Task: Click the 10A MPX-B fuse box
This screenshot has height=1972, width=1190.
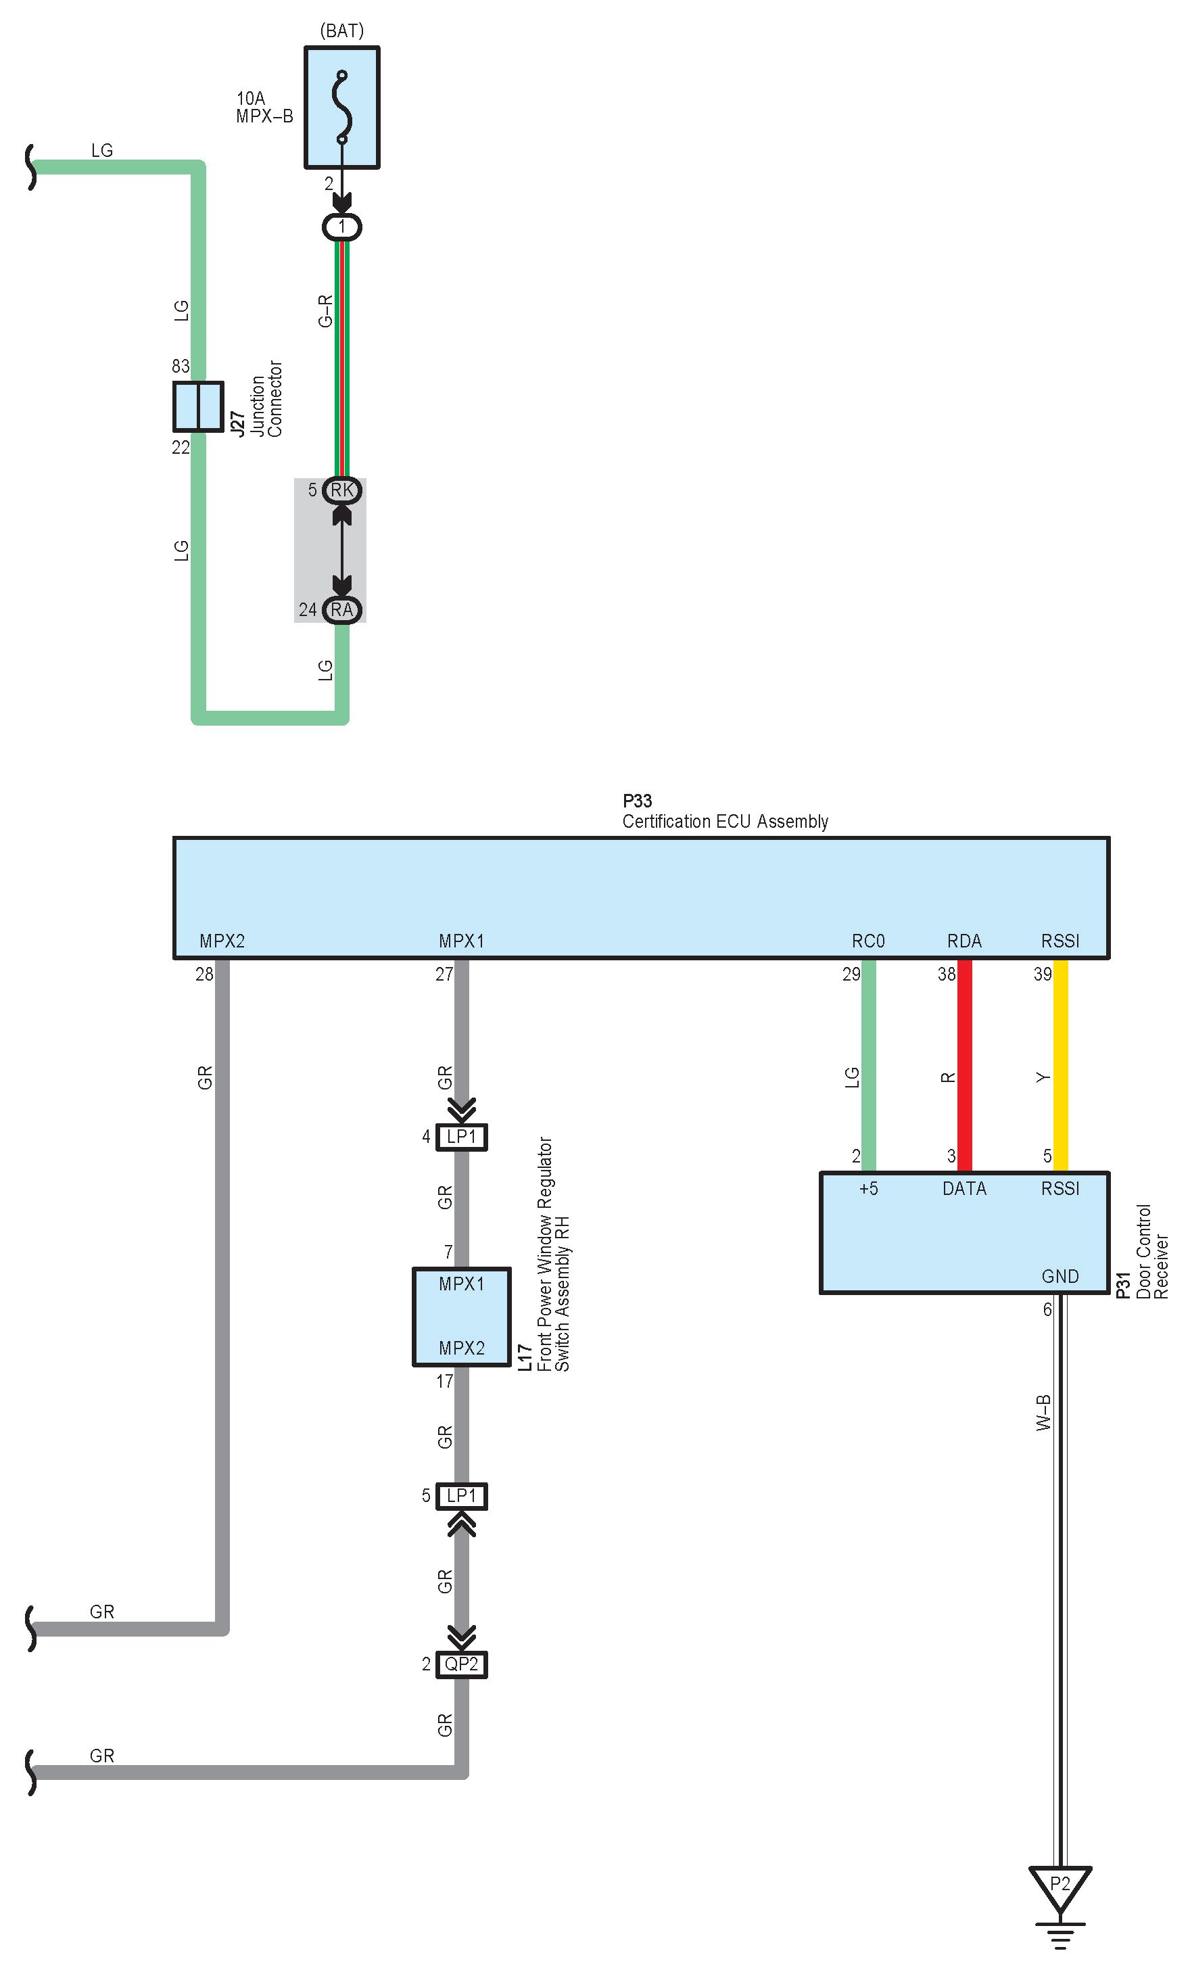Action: [x=341, y=108]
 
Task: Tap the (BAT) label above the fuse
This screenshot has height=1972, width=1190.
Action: [x=341, y=30]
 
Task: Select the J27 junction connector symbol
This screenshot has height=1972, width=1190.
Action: [x=197, y=406]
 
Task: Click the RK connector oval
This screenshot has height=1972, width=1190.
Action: [x=341, y=490]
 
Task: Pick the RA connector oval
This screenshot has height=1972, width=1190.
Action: [x=341, y=610]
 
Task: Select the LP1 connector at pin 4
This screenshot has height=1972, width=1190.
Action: [x=462, y=1136]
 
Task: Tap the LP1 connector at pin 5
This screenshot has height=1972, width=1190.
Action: [x=462, y=1496]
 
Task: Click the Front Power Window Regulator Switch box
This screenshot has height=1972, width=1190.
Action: [x=462, y=1316]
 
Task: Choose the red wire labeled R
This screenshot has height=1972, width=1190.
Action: [x=964, y=1064]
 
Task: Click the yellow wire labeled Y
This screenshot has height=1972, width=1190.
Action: [x=1060, y=1064]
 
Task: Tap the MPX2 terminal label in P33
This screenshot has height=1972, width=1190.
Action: [x=222, y=941]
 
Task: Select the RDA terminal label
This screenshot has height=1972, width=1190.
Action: [x=964, y=941]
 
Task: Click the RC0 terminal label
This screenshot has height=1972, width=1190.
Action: [x=868, y=941]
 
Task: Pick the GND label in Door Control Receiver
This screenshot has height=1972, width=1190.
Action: [x=1060, y=1277]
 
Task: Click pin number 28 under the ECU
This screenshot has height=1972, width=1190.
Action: [x=204, y=974]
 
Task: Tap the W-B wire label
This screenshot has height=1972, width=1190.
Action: [x=1043, y=1413]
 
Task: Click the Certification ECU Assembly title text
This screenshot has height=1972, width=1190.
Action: [x=725, y=821]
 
